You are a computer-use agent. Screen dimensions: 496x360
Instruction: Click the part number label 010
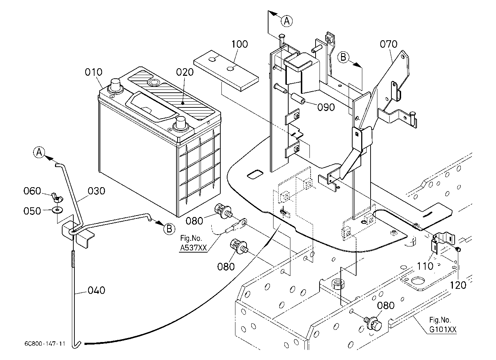[94, 72]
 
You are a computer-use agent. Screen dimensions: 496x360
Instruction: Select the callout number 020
[185, 72]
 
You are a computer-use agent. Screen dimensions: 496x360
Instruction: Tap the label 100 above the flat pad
[240, 44]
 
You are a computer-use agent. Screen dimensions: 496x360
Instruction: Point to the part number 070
[389, 44]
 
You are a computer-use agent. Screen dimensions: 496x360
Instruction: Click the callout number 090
[326, 107]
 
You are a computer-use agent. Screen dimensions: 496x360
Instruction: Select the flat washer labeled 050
[58, 209]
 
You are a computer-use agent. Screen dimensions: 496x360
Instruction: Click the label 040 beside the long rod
[96, 291]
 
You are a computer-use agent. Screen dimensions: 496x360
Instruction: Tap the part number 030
[96, 191]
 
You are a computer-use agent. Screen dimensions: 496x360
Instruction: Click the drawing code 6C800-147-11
[45, 343]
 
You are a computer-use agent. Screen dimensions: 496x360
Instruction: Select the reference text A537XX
[193, 248]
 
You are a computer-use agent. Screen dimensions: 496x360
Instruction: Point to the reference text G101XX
[443, 330]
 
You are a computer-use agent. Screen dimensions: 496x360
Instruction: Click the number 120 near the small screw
[458, 285]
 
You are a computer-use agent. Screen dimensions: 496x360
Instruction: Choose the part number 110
[425, 266]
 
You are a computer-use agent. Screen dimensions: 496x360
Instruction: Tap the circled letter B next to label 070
[343, 57]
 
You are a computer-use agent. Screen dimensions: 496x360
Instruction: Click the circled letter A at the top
[287, 21]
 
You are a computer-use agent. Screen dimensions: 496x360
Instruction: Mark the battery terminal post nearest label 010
[115, 86]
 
